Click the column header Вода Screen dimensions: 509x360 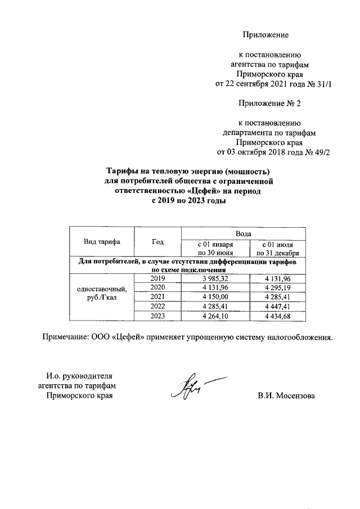243,233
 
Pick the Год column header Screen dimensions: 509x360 157,242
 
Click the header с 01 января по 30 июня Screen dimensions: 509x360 214,248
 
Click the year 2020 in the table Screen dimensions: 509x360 157,288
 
